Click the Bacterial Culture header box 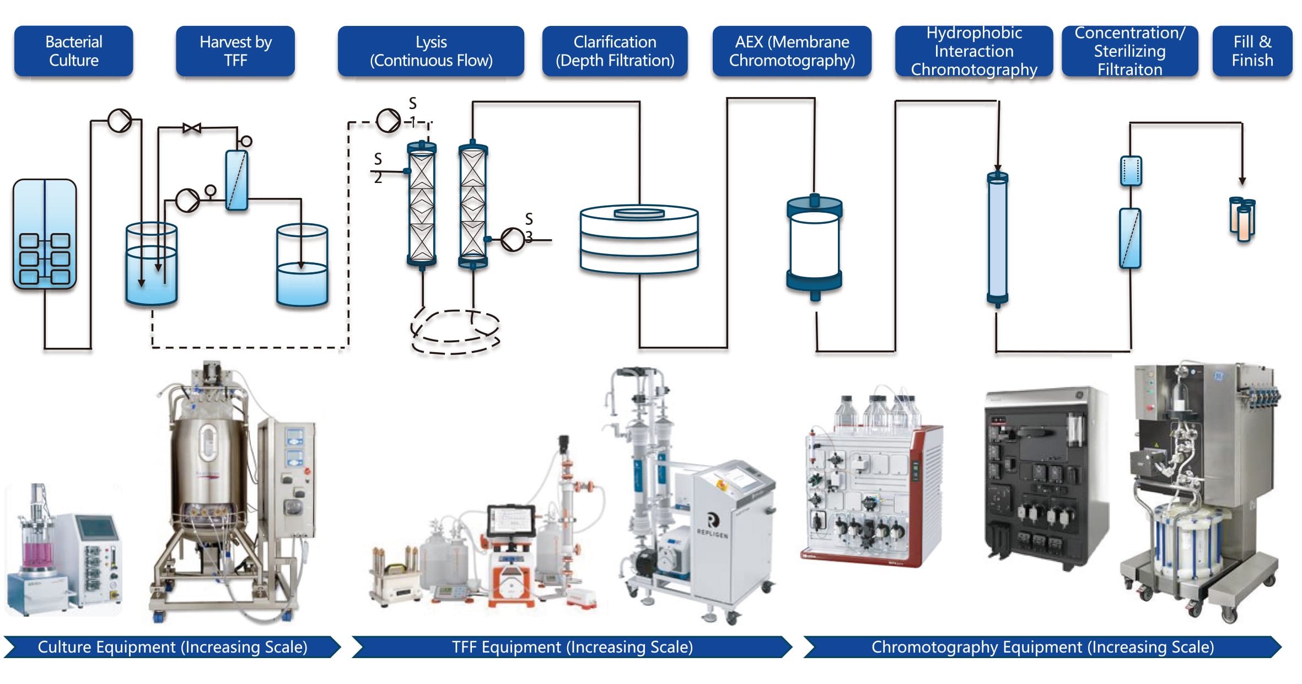tap(73, 51)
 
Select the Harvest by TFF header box tap(235, 51)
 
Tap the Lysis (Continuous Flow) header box tap(431, 51)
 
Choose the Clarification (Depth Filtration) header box tap(615, 51)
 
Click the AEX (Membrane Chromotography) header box tap(792, 51)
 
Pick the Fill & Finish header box tap(1252, 51)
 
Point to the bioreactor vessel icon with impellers tap(45, 234)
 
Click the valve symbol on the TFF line tap(192, 128)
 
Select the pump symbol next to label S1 tap(388, 120)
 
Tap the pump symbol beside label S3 tap(513, 240)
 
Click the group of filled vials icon tap(1243, 219)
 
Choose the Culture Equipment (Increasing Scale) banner tap(172, 647)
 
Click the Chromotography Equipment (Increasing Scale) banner tap(1042, 647)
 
